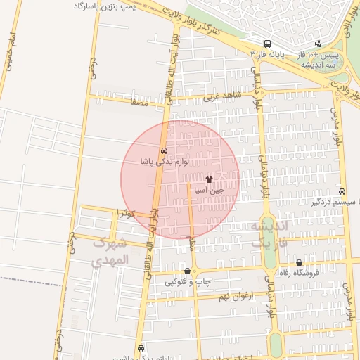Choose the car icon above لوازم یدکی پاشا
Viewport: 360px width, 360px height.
[x=164, y=151]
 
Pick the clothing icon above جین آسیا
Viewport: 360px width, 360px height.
[x=209, y=179]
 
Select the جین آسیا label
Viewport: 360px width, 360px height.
[x=209, y=190]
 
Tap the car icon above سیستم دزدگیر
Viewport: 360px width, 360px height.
[x=342, y=191]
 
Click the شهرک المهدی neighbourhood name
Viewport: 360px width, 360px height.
[x=111, y=251]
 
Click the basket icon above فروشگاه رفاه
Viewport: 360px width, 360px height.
[x=299, y=262]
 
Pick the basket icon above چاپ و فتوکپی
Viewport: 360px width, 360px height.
[x=187, y=271]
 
